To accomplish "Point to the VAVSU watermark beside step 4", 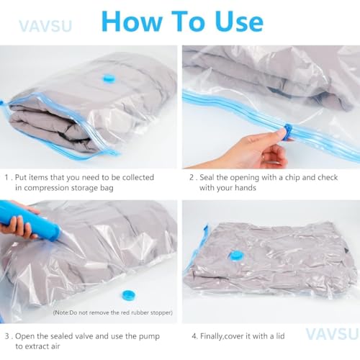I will [330, 333].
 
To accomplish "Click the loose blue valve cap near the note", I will [129, 294].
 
